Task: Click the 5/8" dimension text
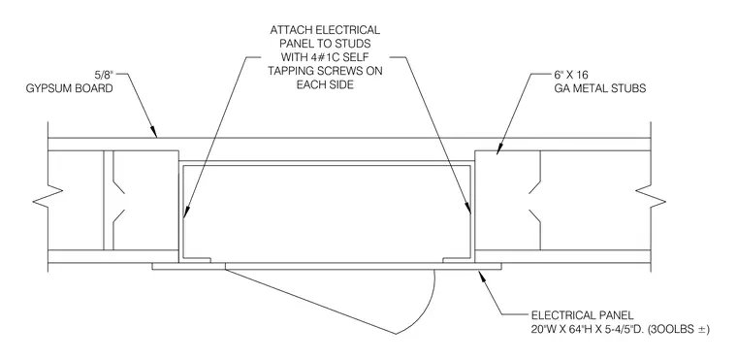pos(105,75)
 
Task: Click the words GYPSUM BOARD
pos(69,88)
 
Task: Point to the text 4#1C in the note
pos(320,57)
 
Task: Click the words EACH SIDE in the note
pos(325,85)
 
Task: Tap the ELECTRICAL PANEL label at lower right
pos(583,315)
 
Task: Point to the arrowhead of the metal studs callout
pos(499,148)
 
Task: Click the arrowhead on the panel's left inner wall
pos(185,213)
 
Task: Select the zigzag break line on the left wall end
pos(48,197)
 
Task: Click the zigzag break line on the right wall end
pos(651,197)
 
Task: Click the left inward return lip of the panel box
pos(197,259)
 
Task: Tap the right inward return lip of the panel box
pos(457,259)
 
